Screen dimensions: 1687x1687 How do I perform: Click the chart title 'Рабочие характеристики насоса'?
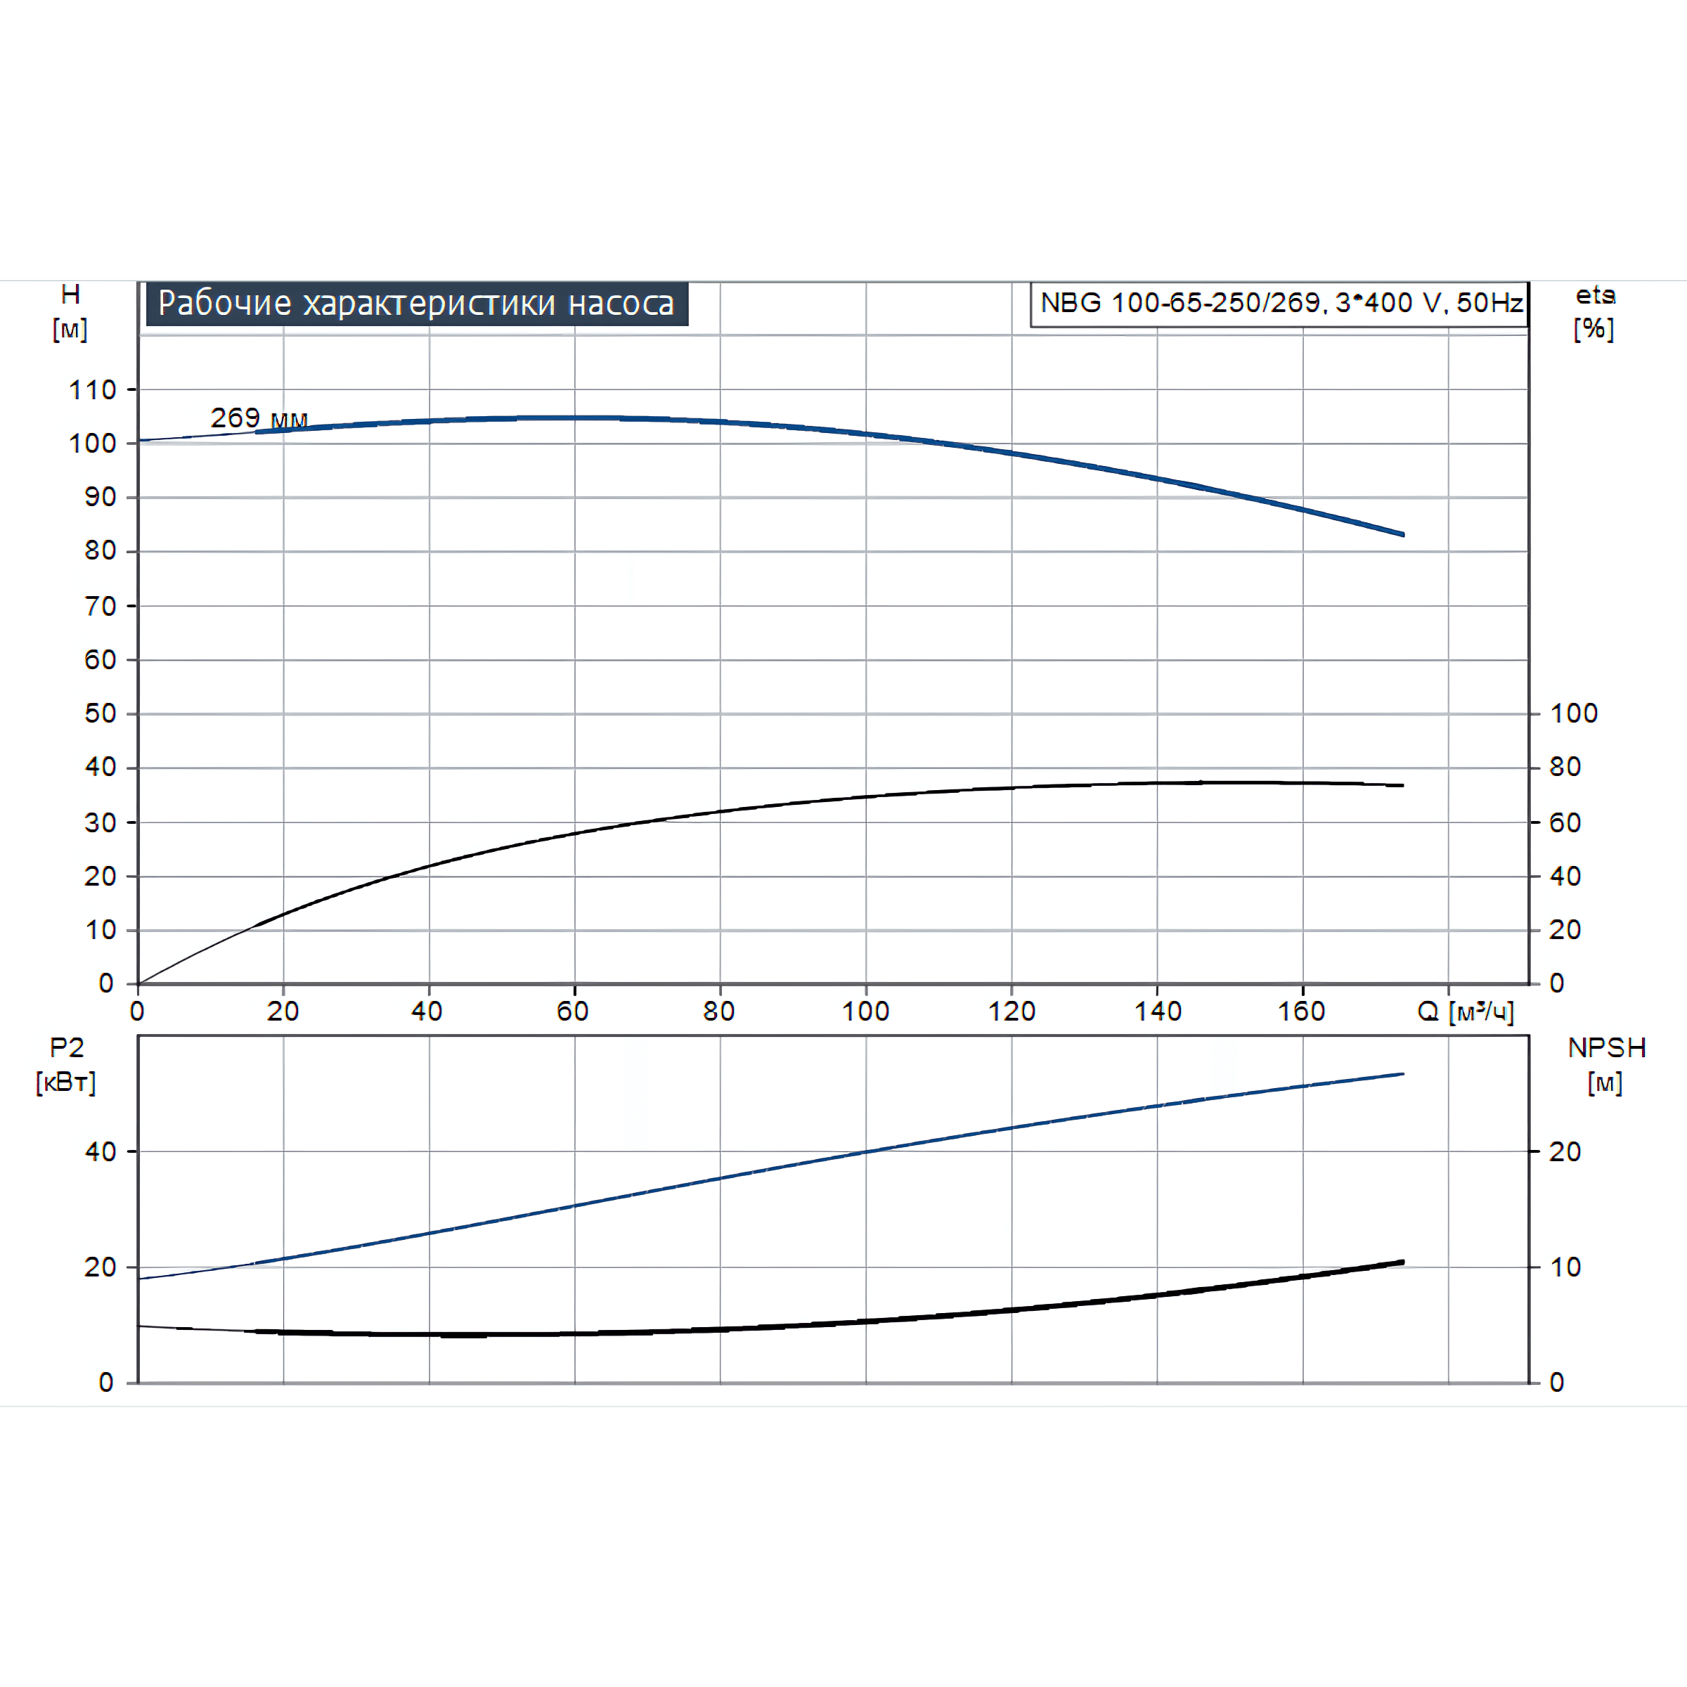(x=417, y=303)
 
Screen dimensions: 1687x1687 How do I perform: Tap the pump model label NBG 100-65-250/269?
(x=1280, y=303)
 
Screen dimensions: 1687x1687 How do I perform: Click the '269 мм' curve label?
(x=259, y=418)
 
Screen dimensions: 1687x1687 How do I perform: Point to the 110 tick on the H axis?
(x=93, y=389)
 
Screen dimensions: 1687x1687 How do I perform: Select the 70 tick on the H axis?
(x=101, y=606)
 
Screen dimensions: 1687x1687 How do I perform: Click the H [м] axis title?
(x=70, y=311)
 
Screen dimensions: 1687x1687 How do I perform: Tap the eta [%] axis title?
(x=1594, y=311)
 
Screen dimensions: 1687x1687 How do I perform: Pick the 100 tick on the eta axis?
(x=1574, y=713)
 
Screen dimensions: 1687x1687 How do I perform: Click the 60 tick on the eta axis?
(x=1565, y=822)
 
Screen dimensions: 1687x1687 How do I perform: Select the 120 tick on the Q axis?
(x=1011, y=1011)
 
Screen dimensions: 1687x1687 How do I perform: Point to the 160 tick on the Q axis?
(x=1301, y=1011)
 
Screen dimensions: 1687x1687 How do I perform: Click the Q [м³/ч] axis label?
(x=1465, y=1012)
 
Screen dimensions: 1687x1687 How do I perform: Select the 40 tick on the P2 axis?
(x=101, y=1152)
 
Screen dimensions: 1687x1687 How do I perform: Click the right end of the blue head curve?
(x=1403, y=534)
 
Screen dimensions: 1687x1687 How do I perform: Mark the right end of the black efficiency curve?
(x=1403, y=786)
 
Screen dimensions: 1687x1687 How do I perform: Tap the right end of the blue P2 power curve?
(x=1403, y=1074)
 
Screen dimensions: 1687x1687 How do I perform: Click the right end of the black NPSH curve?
(x=1403, y=1262)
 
